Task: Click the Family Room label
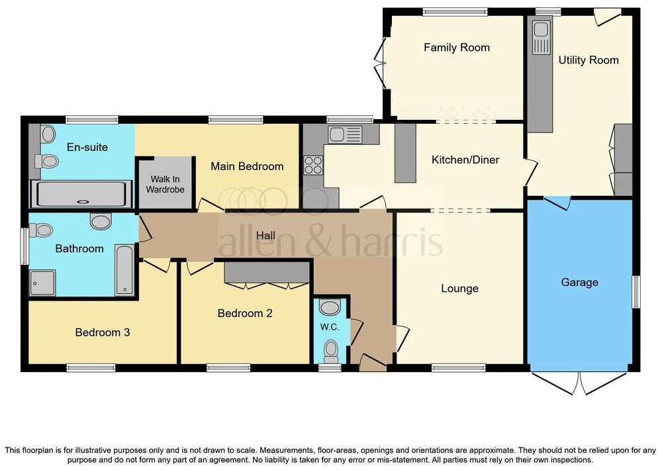pos(457,47)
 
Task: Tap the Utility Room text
pos(589,60)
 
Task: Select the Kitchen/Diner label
pos(465,160)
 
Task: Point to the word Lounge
pos(459,288)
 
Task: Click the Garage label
pos(579,282)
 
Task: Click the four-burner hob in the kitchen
pos(312,165)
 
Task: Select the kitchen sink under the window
pos(344,134)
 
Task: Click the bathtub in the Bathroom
pos(125,271)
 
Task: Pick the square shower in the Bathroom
pos(42,283)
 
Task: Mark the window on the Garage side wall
pos(636,292)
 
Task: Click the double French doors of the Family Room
pos(381,64)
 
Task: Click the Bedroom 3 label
pos(102,332)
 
